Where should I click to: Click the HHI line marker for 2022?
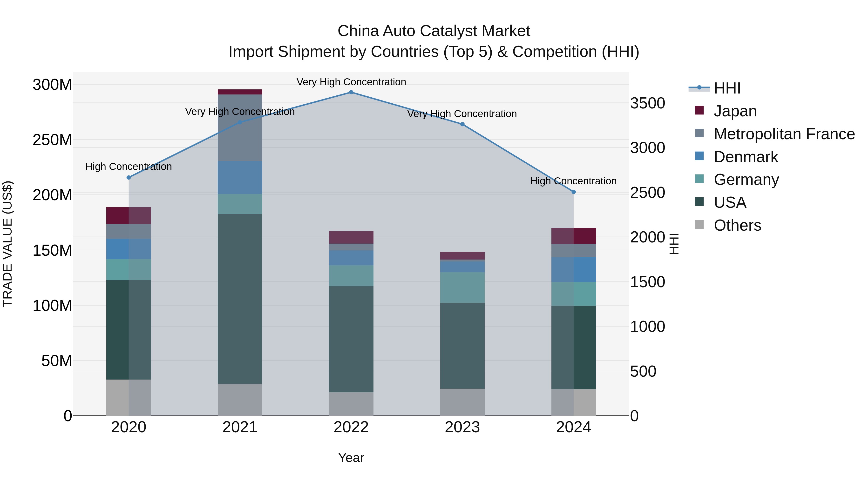click(351, 92)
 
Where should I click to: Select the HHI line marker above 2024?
click(574, 192)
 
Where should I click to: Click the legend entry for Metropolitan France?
click(784, 134)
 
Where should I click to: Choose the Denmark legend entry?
click(746, 157)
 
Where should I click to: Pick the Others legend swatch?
click(699, 225)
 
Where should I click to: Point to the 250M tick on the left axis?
click(52, 140)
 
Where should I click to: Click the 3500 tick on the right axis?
click(647, 103)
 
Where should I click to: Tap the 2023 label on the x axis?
click(462, 427)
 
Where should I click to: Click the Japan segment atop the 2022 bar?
click(351, 237)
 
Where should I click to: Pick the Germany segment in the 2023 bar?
click(462, 287)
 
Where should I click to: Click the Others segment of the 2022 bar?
click(351, 404)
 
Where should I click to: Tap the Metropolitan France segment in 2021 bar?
click(240, 128)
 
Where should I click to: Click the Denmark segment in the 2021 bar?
click(240, 177)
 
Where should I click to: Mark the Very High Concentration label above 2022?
click(351, 82)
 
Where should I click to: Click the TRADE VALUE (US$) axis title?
click(7, 244)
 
